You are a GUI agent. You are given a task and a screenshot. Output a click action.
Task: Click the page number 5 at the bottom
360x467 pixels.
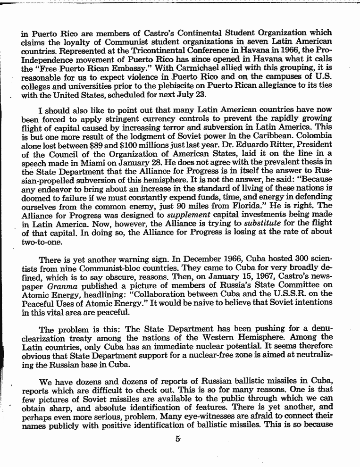coord(177,441)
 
